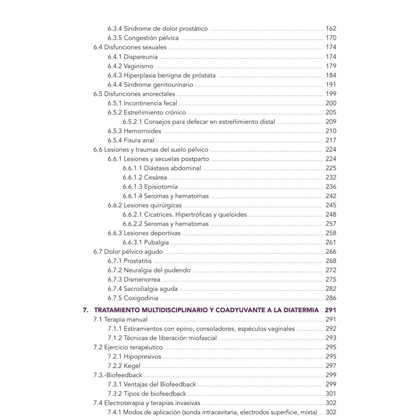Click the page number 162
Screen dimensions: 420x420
[331, 29]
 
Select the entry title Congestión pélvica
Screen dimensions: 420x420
[151, 38]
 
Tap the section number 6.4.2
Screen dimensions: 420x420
[115, 66]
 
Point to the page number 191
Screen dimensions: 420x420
[331, 84]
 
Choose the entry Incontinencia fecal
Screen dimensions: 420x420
[150, 103]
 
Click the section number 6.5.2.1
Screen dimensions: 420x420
[132, 121]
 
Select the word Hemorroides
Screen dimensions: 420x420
[142, 131]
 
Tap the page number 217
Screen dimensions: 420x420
[331, 140]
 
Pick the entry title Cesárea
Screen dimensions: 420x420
[155, 177]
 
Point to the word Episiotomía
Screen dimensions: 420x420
[161, 187]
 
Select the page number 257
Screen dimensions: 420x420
[331, 224]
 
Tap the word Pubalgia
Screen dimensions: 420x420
[156, 242]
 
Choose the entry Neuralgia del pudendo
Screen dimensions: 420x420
[157, 270]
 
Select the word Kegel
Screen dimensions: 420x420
[132, 366]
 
